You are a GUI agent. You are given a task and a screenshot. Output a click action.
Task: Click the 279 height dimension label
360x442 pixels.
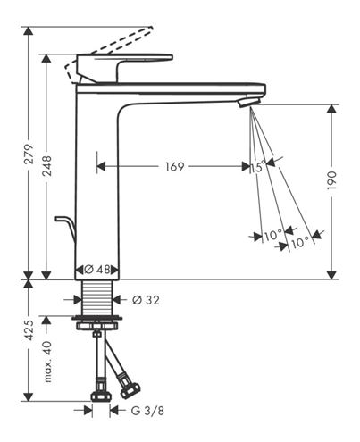(x=29, y=154)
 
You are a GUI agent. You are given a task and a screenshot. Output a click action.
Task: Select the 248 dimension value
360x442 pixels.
(x=46, y=166)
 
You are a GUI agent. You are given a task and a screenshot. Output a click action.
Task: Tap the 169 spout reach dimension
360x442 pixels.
(x=175, y=166)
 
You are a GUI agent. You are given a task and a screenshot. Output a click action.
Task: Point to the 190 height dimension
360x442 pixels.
(x=332, y=180)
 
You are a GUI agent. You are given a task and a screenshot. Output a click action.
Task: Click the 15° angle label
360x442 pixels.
(x=257, y=166)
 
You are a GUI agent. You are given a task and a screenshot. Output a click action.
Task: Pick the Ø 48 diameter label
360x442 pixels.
(x=97, y=270)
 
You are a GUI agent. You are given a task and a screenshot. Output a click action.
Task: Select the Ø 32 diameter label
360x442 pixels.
(x=146, y=300)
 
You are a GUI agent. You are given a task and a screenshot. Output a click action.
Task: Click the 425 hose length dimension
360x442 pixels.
(x=29, y=330)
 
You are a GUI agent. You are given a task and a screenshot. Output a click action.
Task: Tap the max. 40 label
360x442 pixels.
(x=47, y=362)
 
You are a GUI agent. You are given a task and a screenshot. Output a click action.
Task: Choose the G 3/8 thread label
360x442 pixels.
(x=147, y=411)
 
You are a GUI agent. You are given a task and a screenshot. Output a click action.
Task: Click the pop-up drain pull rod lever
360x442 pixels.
(x=66, y=228)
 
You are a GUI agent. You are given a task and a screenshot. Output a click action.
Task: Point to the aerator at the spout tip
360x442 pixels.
(x=249, y=102)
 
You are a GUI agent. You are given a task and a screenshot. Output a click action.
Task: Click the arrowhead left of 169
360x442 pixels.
(x=101, y=166)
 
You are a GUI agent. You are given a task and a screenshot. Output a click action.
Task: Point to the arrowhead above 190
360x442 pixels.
(x=331, y=109)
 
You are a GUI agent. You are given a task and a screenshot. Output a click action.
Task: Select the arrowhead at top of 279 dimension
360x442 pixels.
(x=29, y=31)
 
